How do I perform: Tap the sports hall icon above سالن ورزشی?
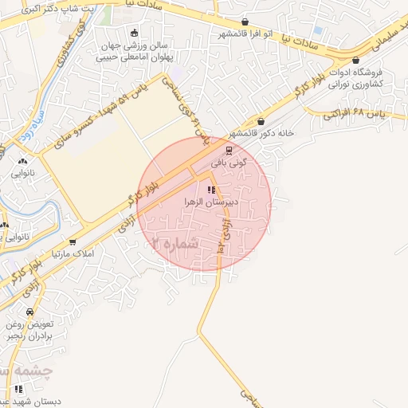[134, 33]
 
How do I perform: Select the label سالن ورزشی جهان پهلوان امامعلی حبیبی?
[133, 51]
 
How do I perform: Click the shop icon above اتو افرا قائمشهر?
[245, 22]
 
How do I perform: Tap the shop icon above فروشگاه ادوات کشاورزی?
[355, 60]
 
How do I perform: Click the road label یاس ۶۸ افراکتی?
[365, 115]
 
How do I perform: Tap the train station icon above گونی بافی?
[229, 149]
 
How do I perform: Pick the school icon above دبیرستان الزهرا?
[211, 190]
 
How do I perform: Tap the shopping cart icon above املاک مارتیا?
[73, 241]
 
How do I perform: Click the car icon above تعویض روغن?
[29, 312]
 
